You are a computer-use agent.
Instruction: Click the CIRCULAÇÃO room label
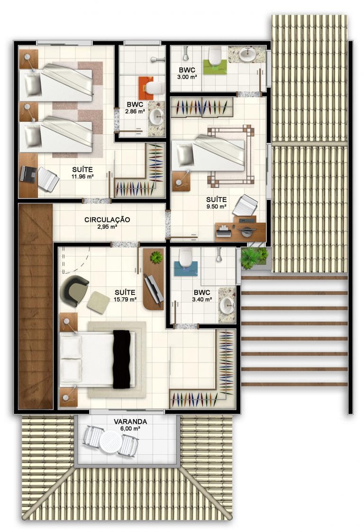point(107,220)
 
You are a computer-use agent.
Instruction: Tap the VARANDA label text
point(130,422)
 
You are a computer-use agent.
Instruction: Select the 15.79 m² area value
point(125,299)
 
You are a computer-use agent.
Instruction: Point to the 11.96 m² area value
point(82,176)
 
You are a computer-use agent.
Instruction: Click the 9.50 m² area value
point(217,206)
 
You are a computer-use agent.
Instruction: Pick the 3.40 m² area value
point(202,299)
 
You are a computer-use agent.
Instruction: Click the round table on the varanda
point(110,441)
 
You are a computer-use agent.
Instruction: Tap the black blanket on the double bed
point(121,359)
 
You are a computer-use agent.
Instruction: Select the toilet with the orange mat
point(155,88)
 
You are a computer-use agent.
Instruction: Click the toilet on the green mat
point(215,56)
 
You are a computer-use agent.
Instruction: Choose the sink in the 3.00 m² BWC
point(247,54)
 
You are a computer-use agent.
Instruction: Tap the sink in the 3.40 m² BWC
point(227,305)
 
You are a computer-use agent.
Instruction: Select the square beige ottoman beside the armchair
point(99,303)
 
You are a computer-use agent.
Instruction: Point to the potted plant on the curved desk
point(156,257)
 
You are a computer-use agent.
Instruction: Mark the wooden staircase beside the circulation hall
point(36,306)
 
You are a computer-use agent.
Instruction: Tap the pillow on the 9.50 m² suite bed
point(185,155)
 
